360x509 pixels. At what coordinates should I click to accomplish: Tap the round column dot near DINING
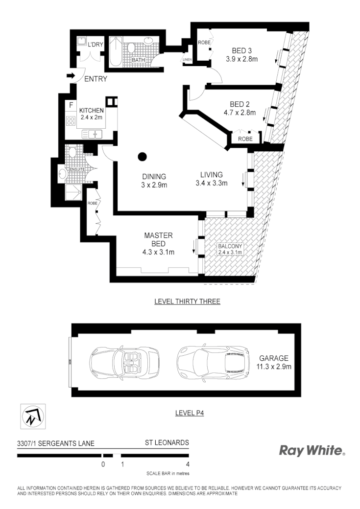[142, 157]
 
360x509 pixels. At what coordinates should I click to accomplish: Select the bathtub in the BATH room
[115, 51]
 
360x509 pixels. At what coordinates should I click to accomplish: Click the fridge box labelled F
[71, 104]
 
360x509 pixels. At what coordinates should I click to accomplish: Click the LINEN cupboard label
[187, 60]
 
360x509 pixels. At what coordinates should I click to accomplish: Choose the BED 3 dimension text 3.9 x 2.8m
[242, 59]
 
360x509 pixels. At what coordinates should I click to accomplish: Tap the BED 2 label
[240, 104]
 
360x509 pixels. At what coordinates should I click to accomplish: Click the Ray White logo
[312, 450]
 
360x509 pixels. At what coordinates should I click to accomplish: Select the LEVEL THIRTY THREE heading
[187, 301]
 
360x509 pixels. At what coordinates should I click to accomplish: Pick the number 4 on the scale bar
[188, 464]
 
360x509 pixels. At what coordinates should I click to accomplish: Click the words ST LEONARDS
[167, 442]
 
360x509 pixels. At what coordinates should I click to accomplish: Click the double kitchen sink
[92, 133]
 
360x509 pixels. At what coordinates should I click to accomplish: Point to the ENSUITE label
[77, 169]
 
